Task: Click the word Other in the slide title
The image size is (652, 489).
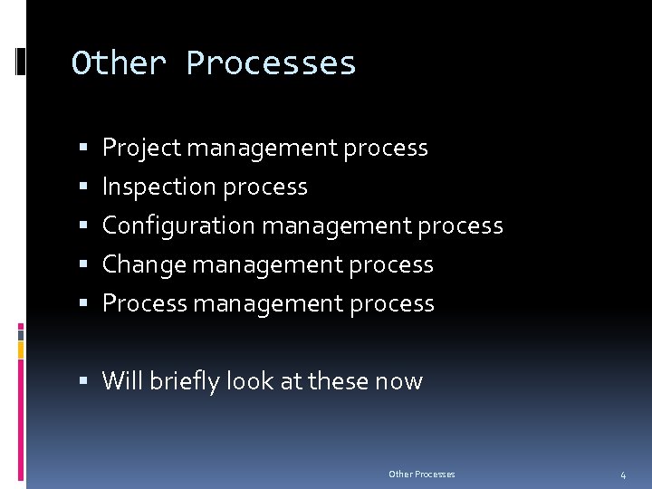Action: [119, 63]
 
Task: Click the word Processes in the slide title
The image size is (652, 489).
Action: [271, 63]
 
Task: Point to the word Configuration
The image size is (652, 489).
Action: [179, 225]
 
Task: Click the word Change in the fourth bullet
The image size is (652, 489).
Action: [139, 264]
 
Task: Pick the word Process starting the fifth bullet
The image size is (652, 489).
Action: [141, 303]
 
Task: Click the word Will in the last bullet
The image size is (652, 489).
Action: [121, 380]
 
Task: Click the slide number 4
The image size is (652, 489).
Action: [623, 475]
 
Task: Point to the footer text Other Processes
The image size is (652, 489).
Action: [422, 475]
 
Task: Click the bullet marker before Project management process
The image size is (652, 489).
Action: [83, 148]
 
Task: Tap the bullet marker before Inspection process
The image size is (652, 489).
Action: [83, 187]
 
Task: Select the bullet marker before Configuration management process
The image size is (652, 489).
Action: [83, 225]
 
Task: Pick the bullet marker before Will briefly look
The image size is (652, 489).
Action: [83, 381]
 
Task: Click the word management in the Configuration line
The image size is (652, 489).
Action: [337, 225]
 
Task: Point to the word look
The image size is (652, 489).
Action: [251, 380]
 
